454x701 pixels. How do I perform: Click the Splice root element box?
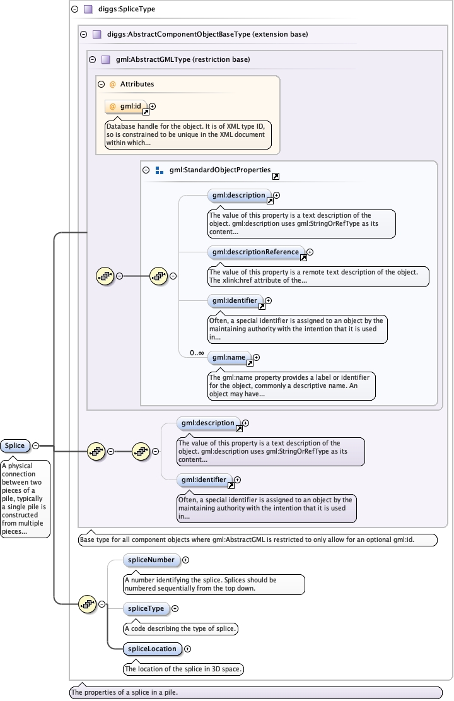pos(15,445)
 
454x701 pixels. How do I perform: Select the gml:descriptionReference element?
pos(255,252)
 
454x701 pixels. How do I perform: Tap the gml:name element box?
pos(229,358)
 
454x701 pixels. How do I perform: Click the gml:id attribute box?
pos(125,107)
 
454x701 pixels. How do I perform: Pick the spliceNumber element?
pos(151,560)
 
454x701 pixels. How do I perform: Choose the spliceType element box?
pos(146,609)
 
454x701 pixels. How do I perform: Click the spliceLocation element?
pos(151,649)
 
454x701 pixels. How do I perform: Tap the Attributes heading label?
pos(137,84)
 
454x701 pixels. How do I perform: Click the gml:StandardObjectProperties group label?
pos(220,170)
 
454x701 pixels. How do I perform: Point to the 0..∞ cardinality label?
pos(197,353)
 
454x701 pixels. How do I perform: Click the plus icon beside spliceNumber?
pos(186,560)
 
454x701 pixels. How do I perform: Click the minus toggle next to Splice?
pos(35,445)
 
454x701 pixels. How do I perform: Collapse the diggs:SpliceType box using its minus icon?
pos(75,9)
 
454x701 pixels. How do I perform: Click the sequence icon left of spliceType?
pos(87,604)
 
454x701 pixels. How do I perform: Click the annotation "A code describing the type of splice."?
pos(180,628)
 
